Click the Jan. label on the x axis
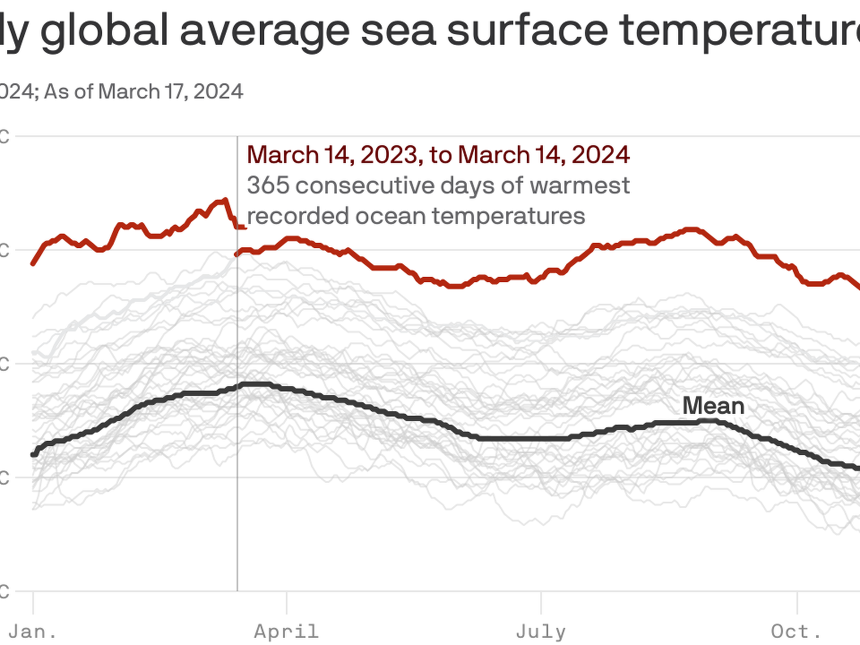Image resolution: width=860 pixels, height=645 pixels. coord(33,632)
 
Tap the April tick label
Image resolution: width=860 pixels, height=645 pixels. coord(286,632)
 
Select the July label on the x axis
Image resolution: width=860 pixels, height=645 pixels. coord(541,632)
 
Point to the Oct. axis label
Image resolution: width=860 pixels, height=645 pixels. coord(796,632)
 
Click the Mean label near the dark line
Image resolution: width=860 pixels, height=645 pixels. coord(713,406)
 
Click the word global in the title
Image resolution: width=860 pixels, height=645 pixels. coord(104,30)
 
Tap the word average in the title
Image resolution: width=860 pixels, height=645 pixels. coord(264,30)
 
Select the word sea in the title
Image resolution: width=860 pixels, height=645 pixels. coord(398,30)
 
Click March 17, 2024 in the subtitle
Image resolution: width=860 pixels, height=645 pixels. coord(171,91)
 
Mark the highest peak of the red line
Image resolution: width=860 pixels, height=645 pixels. coord(225,199)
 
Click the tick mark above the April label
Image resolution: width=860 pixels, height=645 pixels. coord(287,603)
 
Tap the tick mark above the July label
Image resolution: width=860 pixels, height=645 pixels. coord(541,603)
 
